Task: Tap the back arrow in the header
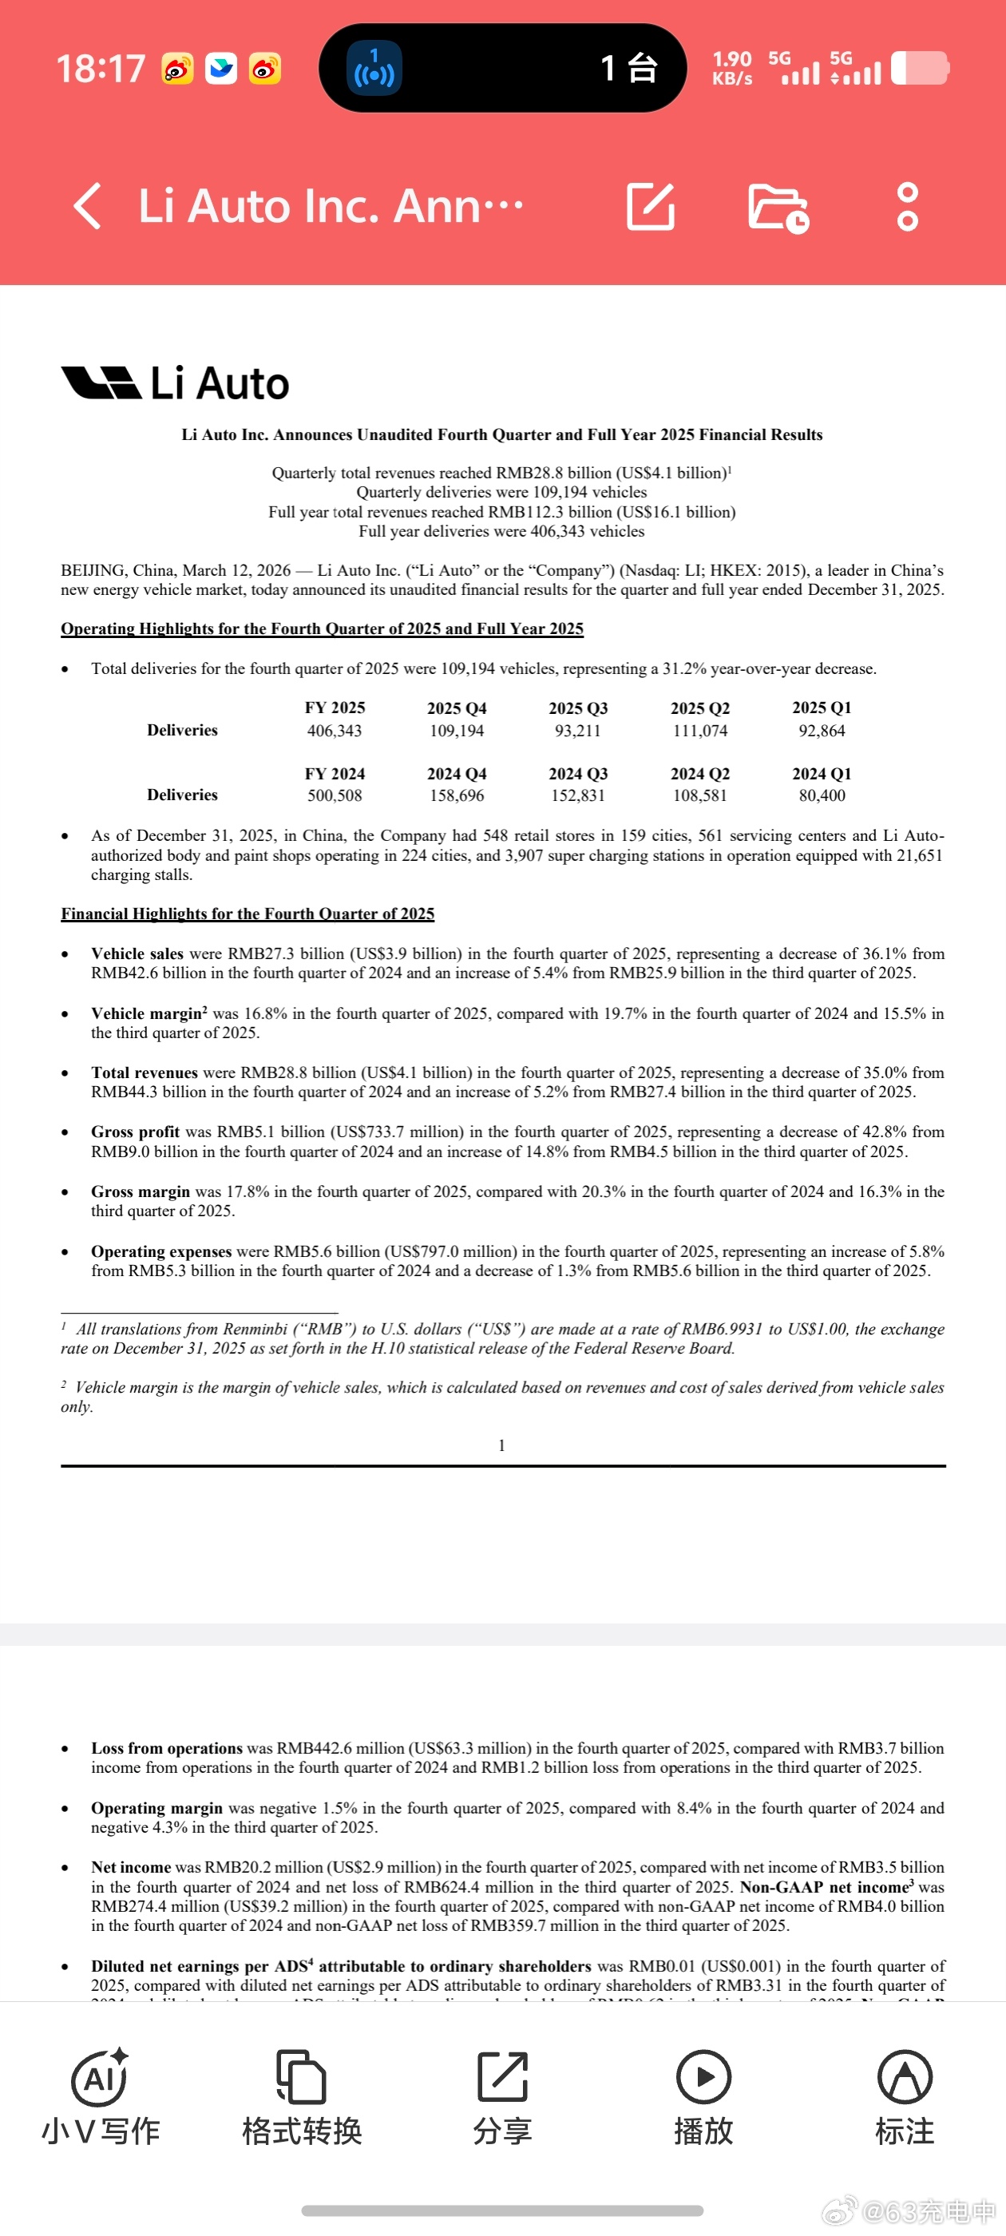click(88, 206)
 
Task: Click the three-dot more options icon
click(907, 207)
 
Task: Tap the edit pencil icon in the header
click(650, 207)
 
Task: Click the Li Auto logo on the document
click(176, 383)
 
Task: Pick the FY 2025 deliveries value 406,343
click(335, 731)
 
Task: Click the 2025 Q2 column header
click(699, 708)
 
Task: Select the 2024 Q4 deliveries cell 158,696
click(457, 795)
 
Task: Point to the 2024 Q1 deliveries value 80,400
click(821, 795)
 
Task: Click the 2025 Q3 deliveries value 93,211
click(577, 731)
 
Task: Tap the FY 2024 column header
click(335, 773)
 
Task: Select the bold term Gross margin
click(140, 1191)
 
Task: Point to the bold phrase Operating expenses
click(161, 1251)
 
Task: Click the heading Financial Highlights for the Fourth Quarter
click(248, 914)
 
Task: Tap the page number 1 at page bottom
click(501, 1445)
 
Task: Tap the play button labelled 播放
click(703, 2097)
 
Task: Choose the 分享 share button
click(501, 2097)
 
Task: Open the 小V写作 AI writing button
click(101, 2097)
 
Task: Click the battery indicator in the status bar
click(920, 69)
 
